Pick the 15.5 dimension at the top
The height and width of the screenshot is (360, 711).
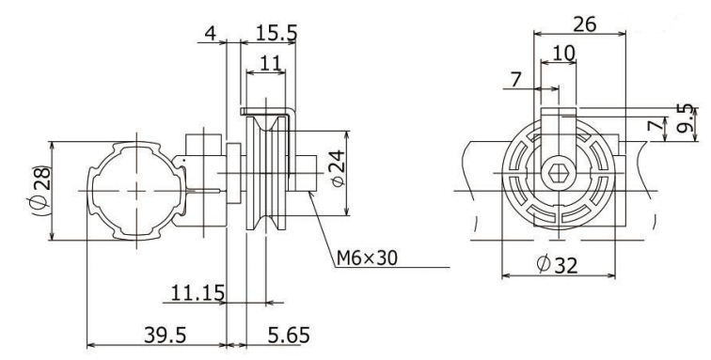point(276,33)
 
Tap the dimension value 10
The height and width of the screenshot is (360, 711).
point(563,54)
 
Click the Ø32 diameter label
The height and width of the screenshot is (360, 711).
point(554,266)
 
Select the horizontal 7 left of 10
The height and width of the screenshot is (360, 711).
point(514,82)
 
